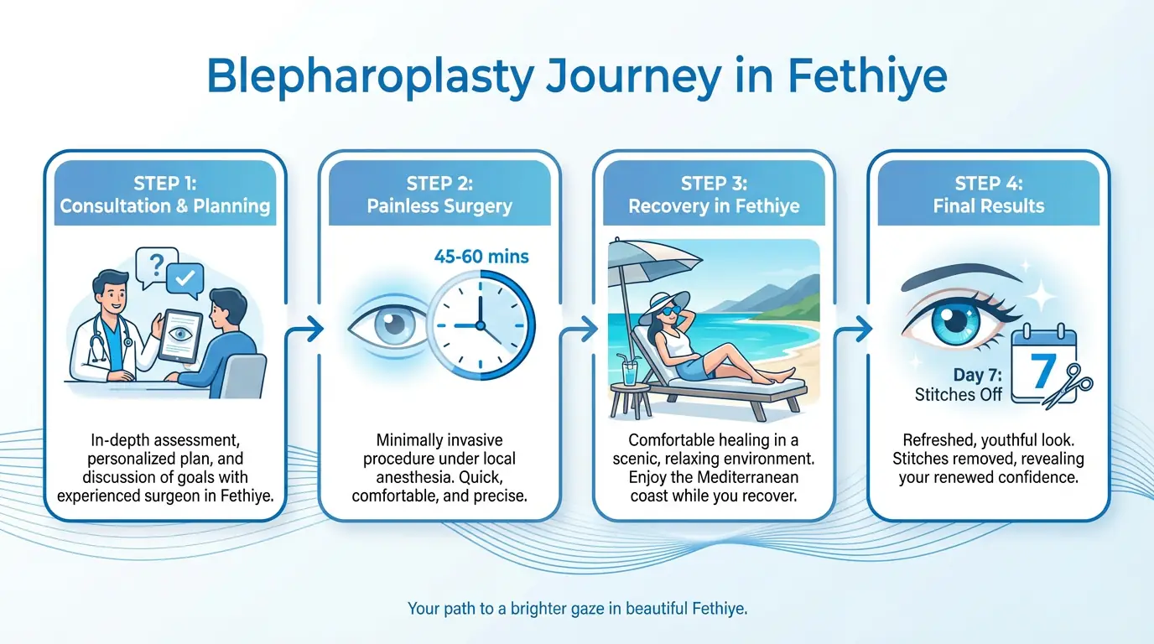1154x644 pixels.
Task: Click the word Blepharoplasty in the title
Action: click(x=369, y=76)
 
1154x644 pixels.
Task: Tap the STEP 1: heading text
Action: click(x=165, y=184)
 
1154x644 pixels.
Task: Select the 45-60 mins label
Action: click(x=481, y=256)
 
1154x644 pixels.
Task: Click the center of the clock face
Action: click(x=481, y=325)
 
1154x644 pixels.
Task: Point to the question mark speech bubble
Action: click(x=156, y=267)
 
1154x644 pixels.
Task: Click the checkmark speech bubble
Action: click(x=185, y=280)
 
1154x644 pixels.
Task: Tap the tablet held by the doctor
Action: click(x=179, y=335)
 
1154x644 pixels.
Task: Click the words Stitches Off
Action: click(x=959, y=395)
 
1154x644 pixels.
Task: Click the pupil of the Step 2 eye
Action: click(x=392, y=324)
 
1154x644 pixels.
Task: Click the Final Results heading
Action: click(x=989, y=206)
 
